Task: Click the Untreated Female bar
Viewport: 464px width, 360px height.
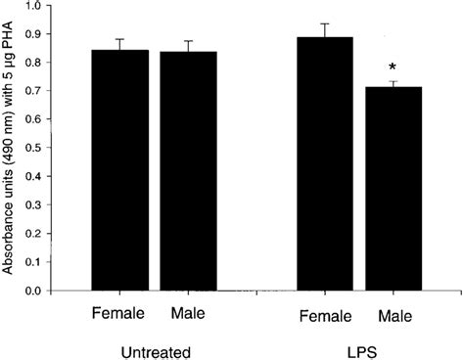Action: pos(119,171)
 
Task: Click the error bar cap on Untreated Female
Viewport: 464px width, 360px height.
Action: pos(119,40)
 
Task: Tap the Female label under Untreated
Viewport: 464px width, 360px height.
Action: pos(117,315)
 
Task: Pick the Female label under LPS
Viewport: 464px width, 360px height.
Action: pos(326,315)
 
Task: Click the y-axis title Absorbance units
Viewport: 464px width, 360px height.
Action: pos(10,147)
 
